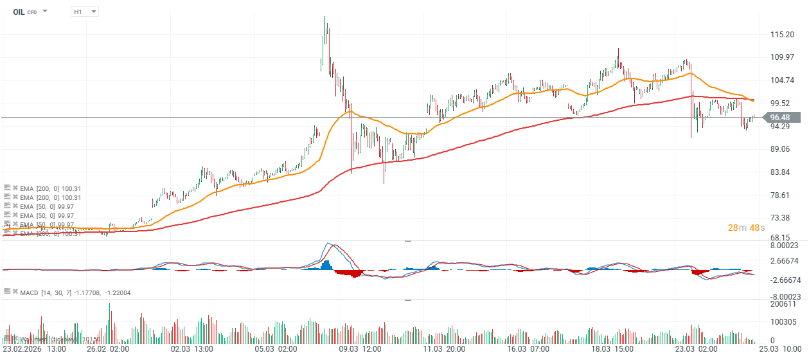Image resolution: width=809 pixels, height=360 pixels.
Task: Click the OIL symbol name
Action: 19,12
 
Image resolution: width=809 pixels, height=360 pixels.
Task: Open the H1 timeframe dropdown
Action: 85,12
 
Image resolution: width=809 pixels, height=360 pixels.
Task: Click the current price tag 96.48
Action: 779,117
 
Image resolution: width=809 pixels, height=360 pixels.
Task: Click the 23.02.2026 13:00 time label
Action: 35,349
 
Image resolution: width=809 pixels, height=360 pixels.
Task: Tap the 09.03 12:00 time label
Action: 361,349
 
